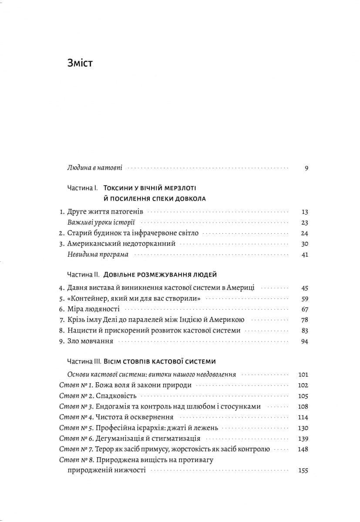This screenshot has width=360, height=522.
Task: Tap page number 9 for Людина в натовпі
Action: (306, 167)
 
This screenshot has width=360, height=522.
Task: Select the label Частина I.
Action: (83, 188)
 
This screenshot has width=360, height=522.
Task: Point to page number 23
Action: (304, 223)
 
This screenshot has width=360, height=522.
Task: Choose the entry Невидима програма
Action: (92, 254)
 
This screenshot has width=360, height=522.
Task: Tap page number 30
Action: (304, 244)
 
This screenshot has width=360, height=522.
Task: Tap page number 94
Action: (304, 341)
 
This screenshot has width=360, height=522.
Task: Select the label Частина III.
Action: (84, 361)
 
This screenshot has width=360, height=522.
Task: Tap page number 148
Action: (303, 449)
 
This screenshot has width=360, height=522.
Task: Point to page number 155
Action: (303, 471)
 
